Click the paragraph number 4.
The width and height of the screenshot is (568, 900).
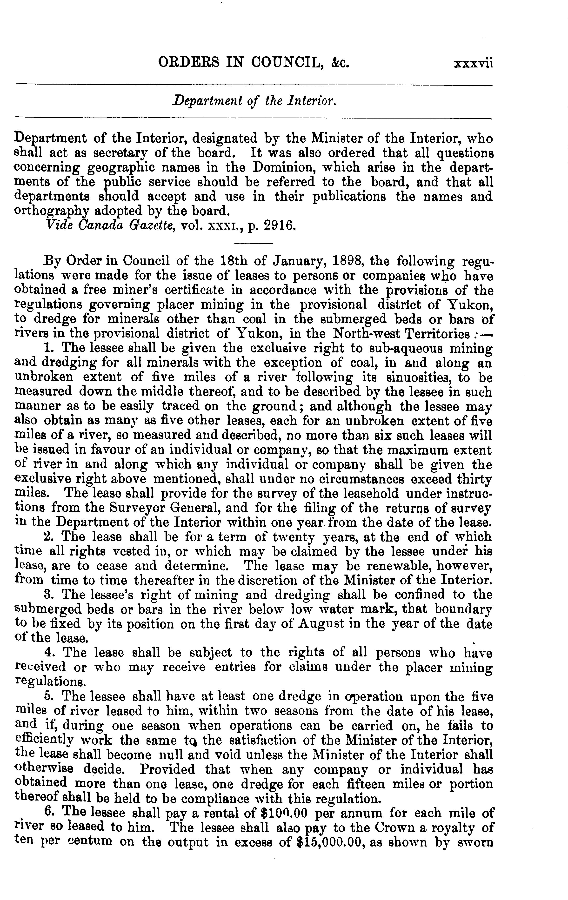tap(48, 653)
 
